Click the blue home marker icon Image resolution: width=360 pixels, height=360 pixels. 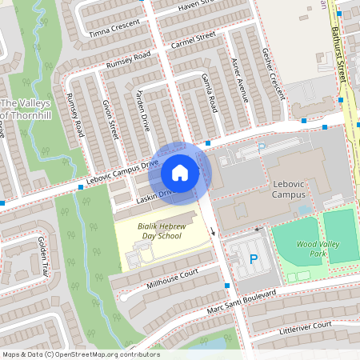(x=180, y=172)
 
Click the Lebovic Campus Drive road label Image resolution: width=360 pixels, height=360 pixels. (x=118, y=175)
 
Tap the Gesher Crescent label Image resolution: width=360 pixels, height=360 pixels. (x=274, y=78)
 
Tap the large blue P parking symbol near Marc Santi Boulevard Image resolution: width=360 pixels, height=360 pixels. (x=254, y=258)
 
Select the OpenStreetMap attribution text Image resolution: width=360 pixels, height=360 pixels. (x=80, y=354)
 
